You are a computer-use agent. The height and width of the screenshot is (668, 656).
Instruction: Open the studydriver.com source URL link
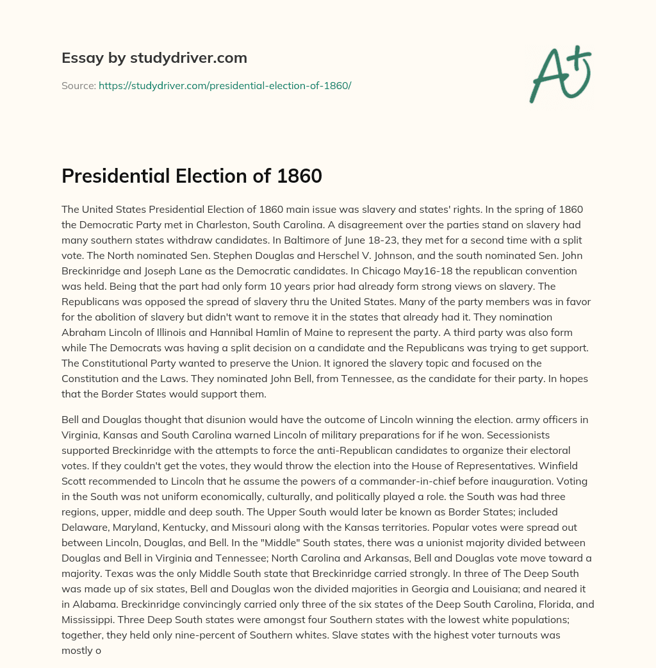(225, 85)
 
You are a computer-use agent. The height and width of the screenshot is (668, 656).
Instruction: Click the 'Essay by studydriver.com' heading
(154, 58)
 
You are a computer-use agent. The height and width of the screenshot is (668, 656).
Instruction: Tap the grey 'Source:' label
(79, 85)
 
